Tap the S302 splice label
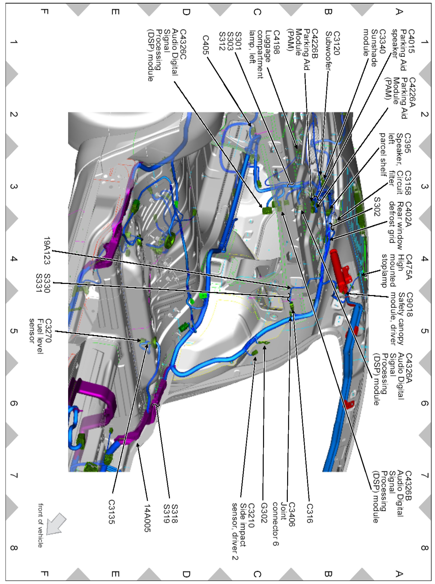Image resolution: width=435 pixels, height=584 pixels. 377,206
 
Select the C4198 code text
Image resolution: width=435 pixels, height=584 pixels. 276,42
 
